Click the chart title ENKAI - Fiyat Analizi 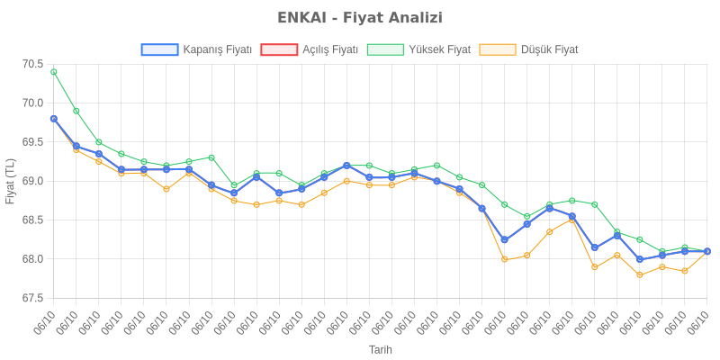(x=360, y=18)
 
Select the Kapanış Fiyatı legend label (x=217, y=49)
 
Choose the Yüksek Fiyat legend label (x=439, y=49)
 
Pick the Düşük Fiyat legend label (x=549, y=49)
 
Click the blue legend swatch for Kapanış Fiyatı (x=159, y=49)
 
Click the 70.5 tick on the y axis (x=32, y=64)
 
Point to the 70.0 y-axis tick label (x=32, y=103)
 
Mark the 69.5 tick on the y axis (x=32, y=142)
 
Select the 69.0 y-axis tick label (x=32, y=181)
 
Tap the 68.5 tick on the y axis (x=32, y=220)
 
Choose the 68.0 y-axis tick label (x=32, y=259)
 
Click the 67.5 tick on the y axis (x=32, y=298)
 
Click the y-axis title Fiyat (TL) (x=10, y=181)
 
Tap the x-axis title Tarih (x=380, y=349)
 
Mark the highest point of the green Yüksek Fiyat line (x=54, y=72)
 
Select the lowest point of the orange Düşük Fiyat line (x=640, y=274)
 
